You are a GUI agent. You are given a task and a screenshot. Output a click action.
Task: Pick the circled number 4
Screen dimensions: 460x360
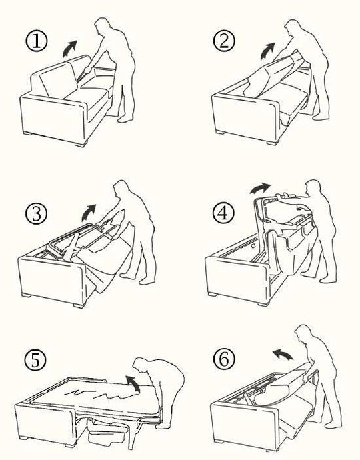224,213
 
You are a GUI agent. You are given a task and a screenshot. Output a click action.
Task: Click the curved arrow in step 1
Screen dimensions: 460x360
69,49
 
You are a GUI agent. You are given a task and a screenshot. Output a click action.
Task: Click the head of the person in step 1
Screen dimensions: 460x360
102,25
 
